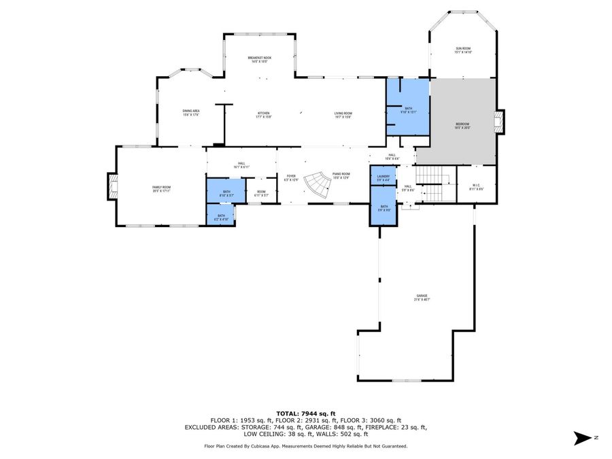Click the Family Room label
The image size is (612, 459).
click(x=160, y=189)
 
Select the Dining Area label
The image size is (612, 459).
click(x=191, y=113)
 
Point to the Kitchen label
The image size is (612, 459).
click(x=264, y=115)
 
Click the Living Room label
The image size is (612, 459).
click(x=343, y=115)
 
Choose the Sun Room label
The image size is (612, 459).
click(x=463, y=50)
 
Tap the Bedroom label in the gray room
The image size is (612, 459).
click(x=462, y=126)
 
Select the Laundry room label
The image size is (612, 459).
click(x=384, y=178)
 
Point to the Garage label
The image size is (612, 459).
click(x=422, y=297)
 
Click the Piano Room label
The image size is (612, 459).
click(x=341, y=176)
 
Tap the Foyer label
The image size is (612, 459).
click(x=290, y=178)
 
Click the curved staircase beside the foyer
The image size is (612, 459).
click(x=316, y=187)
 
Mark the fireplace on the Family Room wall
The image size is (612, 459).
click(x=112, y=186)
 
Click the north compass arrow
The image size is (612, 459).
click(x=583, y=438)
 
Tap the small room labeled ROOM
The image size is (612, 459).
click(x=261, y=193)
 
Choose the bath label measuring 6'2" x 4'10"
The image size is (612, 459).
click(x=220, y=217)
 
